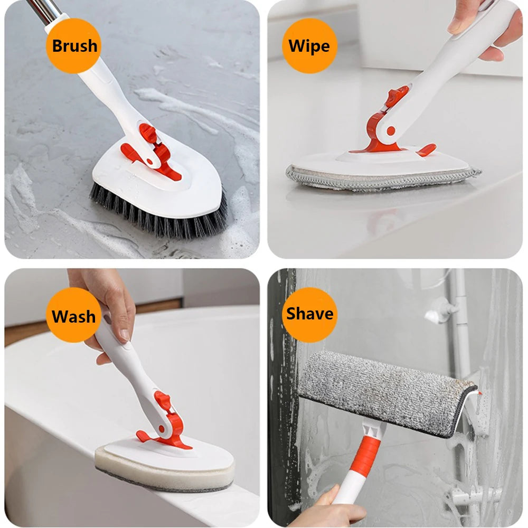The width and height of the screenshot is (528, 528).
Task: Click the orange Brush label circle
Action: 74,45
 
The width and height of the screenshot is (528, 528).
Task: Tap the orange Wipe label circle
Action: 309,45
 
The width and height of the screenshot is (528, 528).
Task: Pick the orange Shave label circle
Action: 309,314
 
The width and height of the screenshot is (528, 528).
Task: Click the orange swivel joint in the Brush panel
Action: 150,150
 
